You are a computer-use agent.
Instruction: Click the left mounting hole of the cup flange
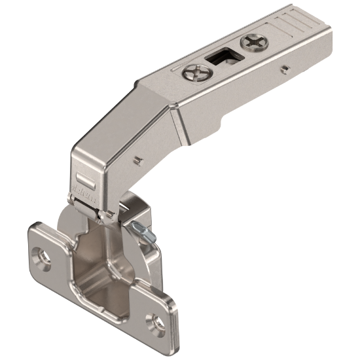click(x=43, y=256)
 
